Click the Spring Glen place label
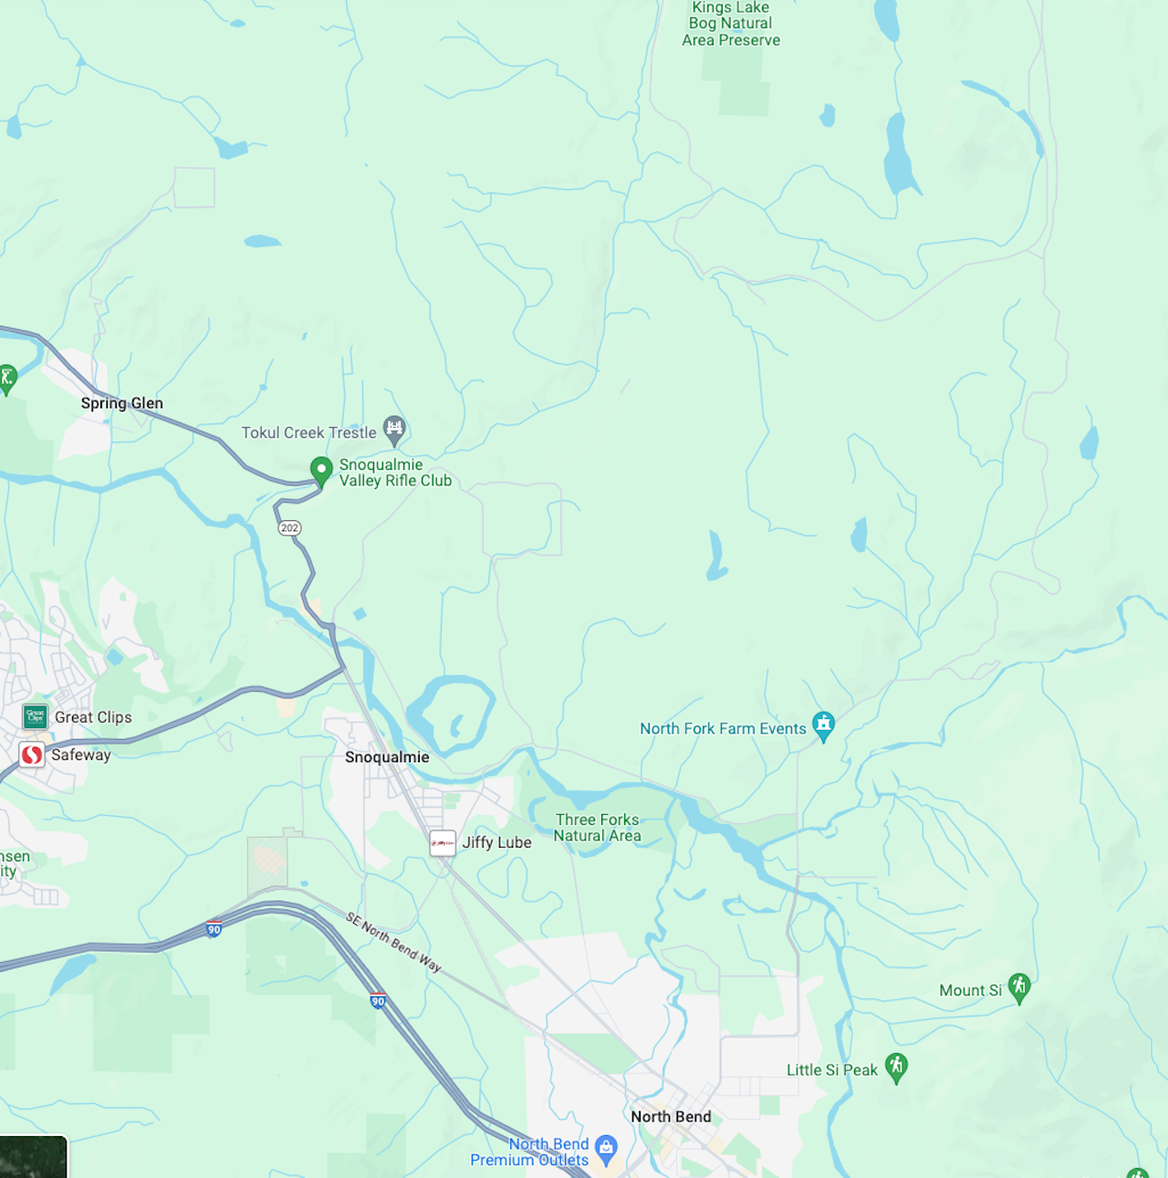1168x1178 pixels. click(121, 403)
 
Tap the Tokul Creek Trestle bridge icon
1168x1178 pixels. click(394, 429)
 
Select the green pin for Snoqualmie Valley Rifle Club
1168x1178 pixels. click(321, 471)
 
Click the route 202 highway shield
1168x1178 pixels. click(289, 528)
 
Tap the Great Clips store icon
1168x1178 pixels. click(36, 717)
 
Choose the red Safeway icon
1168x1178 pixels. click(32, 755)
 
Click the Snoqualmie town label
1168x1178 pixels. click(387, 757)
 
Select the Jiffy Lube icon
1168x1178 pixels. click(443, 842)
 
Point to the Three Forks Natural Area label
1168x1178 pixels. click(597, 828)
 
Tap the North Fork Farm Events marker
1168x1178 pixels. click(823, 726)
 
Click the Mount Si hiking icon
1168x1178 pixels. click(1019, 987)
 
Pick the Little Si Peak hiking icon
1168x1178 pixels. click(896, 1067)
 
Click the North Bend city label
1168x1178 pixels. click(671, 1117)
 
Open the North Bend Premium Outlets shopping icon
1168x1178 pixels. click(606, 1149)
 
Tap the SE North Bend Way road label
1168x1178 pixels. click(393, 942)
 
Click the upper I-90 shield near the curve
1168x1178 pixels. click(214, 930)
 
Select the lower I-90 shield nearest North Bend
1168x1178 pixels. click(378, 1001)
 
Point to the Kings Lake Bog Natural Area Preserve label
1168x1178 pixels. click(731, 24)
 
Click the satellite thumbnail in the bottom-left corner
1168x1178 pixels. click(33, 1156)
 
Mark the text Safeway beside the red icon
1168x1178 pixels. click(80, 755)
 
